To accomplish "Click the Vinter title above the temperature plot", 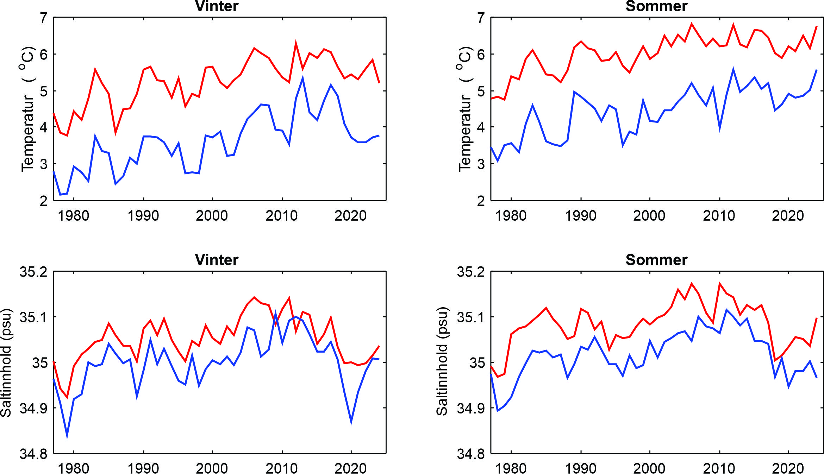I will pos(217,6).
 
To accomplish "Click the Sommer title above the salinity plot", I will pos(656,260).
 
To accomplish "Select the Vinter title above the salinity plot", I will pos(217,260).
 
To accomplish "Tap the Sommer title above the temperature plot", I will pos(656,6).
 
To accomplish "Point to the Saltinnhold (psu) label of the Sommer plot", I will pos(442,361).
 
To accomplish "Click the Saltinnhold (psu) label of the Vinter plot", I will pos(6,363).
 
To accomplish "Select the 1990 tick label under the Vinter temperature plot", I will pos(143,215).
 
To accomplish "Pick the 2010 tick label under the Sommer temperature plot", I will pos(719,215).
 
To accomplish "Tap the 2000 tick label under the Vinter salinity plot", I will pos(212,468).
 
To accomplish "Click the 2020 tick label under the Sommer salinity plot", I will pos(788,468).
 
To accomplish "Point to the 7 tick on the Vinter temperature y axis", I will pos(44,18).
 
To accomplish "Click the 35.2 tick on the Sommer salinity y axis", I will pos(471,272).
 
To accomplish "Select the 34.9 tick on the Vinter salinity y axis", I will pos(33,408).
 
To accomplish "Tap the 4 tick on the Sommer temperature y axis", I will pos(481,127).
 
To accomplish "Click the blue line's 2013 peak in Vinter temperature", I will pos(302,78).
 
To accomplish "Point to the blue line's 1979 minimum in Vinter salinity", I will pos(67,436).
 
